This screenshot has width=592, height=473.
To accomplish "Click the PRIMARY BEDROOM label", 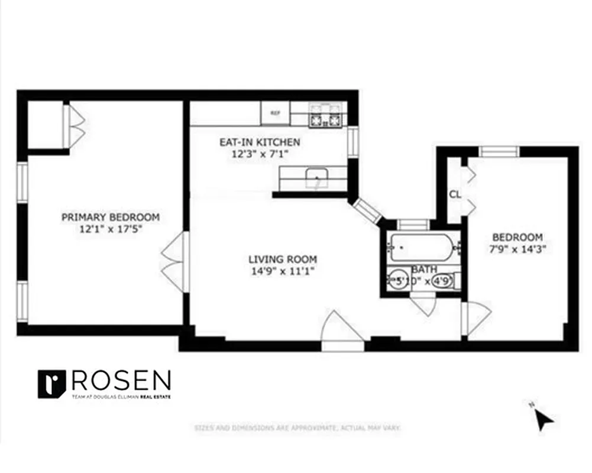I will coord(111,217).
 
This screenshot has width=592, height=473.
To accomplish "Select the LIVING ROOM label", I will coord(282,259).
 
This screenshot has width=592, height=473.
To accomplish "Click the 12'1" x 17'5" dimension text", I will coord(111,229).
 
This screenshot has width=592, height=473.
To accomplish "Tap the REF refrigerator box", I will coord(275,113).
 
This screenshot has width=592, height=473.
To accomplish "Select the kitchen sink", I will coord(318,177).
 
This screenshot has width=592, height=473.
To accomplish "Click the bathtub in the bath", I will coord(421,247).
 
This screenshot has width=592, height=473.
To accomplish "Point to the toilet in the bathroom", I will coord(445,281).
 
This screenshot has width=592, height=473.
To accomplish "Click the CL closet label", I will coord(454,194).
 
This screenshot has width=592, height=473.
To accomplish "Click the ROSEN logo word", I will coord(121,380).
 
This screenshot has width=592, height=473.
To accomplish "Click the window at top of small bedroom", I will coord(499,151).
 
